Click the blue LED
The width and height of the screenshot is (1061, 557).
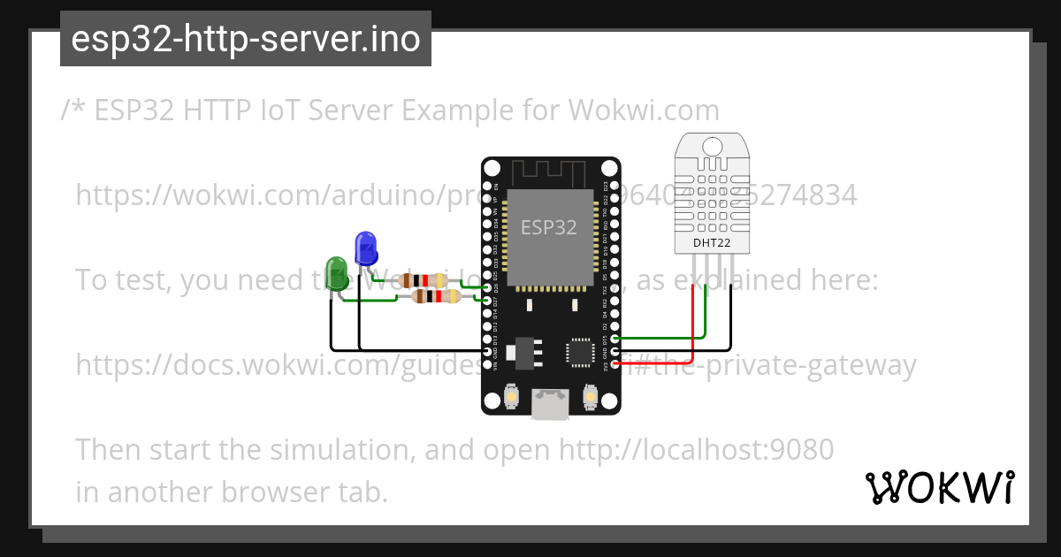point(365,248)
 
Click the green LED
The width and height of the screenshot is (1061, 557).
point(337,272)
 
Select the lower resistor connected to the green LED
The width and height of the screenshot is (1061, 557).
point(439,297)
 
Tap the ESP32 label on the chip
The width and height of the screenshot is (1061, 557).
point(548,227)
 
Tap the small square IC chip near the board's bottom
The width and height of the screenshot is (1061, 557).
point(581,351)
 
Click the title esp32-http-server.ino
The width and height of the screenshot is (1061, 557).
point(245,39)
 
